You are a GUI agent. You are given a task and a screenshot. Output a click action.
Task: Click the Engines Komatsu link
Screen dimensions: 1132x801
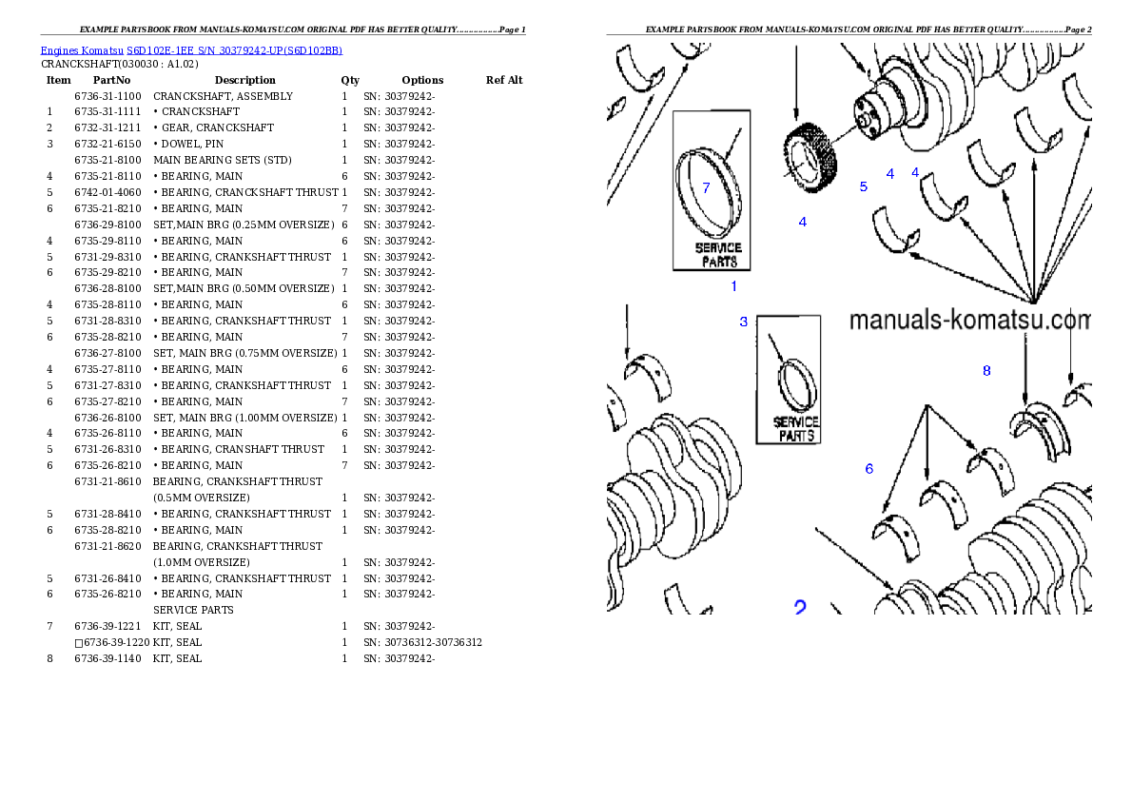click(82, 50)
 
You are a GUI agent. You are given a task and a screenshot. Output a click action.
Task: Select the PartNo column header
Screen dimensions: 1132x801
click(111, 80)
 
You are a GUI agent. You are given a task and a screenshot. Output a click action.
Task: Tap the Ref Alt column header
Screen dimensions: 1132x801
click(504, 80)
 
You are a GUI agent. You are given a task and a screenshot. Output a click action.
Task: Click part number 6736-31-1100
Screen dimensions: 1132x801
click(107, 96)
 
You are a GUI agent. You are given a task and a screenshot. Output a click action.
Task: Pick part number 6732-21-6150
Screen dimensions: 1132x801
click(107, 144)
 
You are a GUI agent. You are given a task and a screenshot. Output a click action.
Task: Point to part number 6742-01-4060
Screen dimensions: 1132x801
click(107, 193)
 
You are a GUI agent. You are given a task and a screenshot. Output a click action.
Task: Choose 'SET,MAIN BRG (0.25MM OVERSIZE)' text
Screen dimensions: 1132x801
click(244, 225)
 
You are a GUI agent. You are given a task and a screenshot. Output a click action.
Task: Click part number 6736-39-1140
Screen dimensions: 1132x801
click(107, 658)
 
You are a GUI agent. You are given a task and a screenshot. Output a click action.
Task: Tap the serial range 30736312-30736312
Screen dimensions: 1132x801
click(433, 643)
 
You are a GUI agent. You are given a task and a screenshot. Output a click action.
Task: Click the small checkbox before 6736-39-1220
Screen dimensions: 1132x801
click(79, 643)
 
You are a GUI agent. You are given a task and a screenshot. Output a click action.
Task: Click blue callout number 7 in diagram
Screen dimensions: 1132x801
click(706, 187)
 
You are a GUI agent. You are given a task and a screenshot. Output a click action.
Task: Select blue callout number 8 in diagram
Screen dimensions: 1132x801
click(986, 370)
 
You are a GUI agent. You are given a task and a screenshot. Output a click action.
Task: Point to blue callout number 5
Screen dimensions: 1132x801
click(864, 186)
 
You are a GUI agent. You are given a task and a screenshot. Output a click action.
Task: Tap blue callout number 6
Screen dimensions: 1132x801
click(869, 469)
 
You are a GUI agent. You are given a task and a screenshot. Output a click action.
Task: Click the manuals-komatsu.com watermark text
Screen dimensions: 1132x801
click(969, 320)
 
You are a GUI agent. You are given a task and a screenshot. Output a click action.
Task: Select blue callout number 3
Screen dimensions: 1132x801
click(744, 322)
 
